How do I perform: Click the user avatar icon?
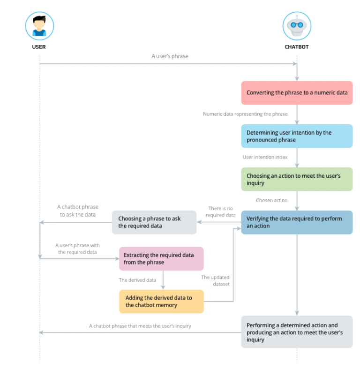39,26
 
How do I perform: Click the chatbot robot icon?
297,26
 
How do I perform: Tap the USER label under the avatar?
39,47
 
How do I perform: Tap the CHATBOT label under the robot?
297,47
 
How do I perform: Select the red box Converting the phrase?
297,93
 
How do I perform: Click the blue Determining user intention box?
297,136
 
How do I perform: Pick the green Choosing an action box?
297,179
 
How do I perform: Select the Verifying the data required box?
297,222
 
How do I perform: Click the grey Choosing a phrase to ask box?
154,222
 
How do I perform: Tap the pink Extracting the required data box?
161,259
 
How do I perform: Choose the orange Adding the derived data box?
161,302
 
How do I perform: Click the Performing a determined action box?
297,332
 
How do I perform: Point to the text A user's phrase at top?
170,56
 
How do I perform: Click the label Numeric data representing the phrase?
245,114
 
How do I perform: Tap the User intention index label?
265,157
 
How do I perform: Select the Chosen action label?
271,200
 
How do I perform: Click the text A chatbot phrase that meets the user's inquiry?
140,326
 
